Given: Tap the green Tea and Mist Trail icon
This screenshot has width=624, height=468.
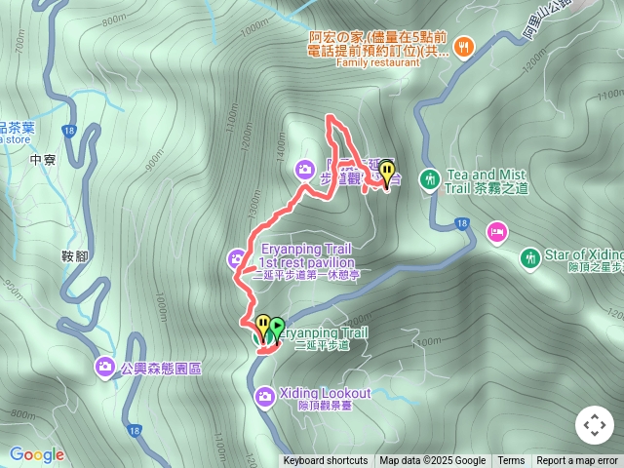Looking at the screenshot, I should (x=429, y=179).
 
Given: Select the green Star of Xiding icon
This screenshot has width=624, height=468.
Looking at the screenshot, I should (x=529, y=258).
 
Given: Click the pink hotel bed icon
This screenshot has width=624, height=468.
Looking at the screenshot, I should (x=497, y=232).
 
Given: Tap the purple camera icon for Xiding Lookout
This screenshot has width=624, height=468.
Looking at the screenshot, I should (x=264, y=396).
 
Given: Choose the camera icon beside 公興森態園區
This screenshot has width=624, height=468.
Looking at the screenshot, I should (x=104, y=368).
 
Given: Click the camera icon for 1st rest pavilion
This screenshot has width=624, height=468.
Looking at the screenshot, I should (x=237, y=258).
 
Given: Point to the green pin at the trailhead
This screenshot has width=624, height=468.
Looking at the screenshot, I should (x=277, y=328).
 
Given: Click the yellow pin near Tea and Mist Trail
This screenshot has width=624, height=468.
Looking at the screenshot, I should (x=387, y=173).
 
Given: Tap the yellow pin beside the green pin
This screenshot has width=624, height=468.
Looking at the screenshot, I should (x=262, y=325).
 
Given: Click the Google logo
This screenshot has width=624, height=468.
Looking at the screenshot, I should (x=37, y=454).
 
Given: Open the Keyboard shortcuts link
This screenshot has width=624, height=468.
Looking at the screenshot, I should (x=326, y=461).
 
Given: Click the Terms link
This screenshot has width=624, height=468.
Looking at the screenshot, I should (x=511, y=461).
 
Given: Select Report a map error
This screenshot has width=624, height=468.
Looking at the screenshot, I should (x=577, y=461).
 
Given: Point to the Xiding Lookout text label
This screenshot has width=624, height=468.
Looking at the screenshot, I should (x=325, y=393).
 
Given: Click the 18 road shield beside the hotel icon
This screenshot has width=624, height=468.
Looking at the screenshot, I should (x=462, y=224).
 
